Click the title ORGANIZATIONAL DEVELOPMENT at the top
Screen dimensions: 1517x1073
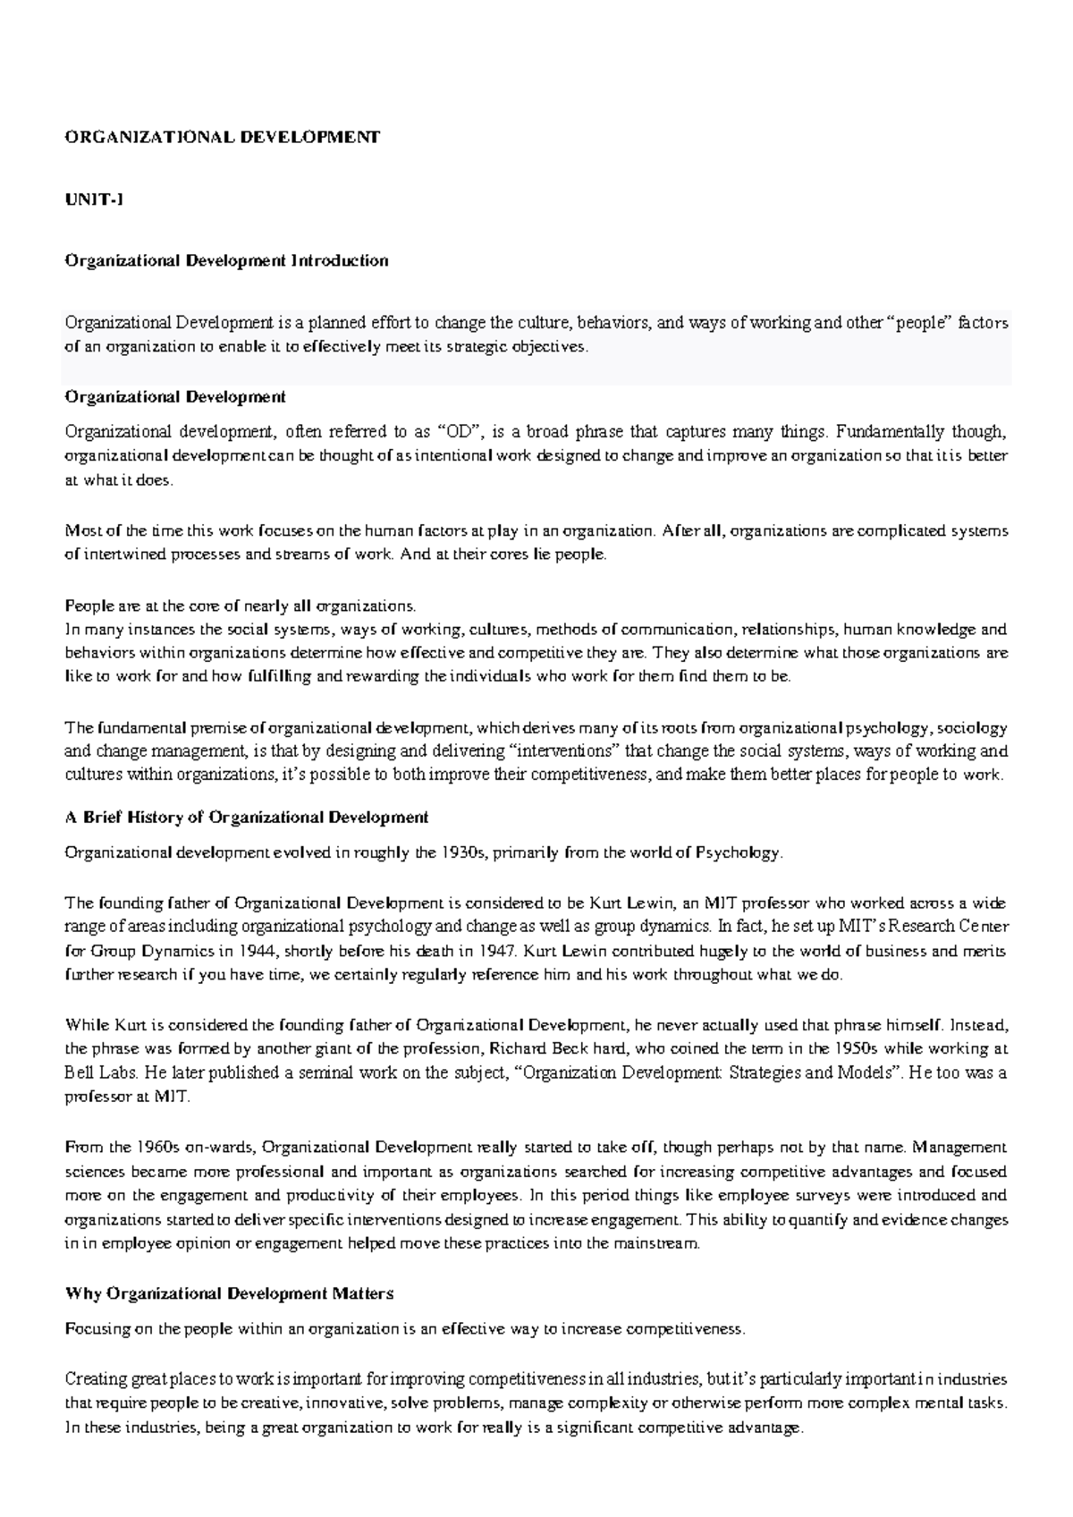click(223, 137)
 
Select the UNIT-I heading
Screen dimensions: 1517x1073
click(94, 199)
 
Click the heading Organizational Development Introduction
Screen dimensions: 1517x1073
click(226, 260)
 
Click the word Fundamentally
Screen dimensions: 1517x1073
click(878, 432)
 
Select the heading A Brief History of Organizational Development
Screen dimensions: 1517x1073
click(247, 817)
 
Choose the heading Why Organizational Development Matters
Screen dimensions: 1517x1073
click(230, 1293)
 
